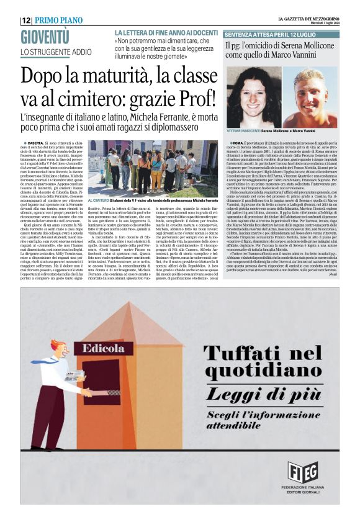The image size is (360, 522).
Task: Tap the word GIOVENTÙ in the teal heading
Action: coord(45,37)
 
